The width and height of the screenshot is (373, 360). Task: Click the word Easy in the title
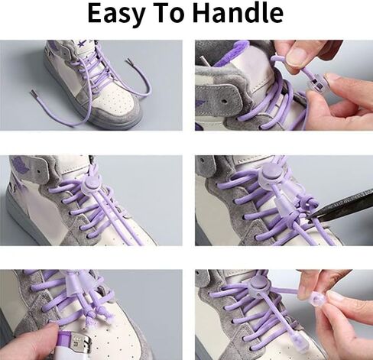pos(117,14)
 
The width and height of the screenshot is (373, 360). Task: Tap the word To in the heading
pos(169,13)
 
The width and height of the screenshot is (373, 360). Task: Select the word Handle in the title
pos(238,13)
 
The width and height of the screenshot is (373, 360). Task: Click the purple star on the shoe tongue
pos(83,44)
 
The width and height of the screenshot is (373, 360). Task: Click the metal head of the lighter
pos(81,342)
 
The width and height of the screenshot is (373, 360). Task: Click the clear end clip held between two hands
pos(318,300)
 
